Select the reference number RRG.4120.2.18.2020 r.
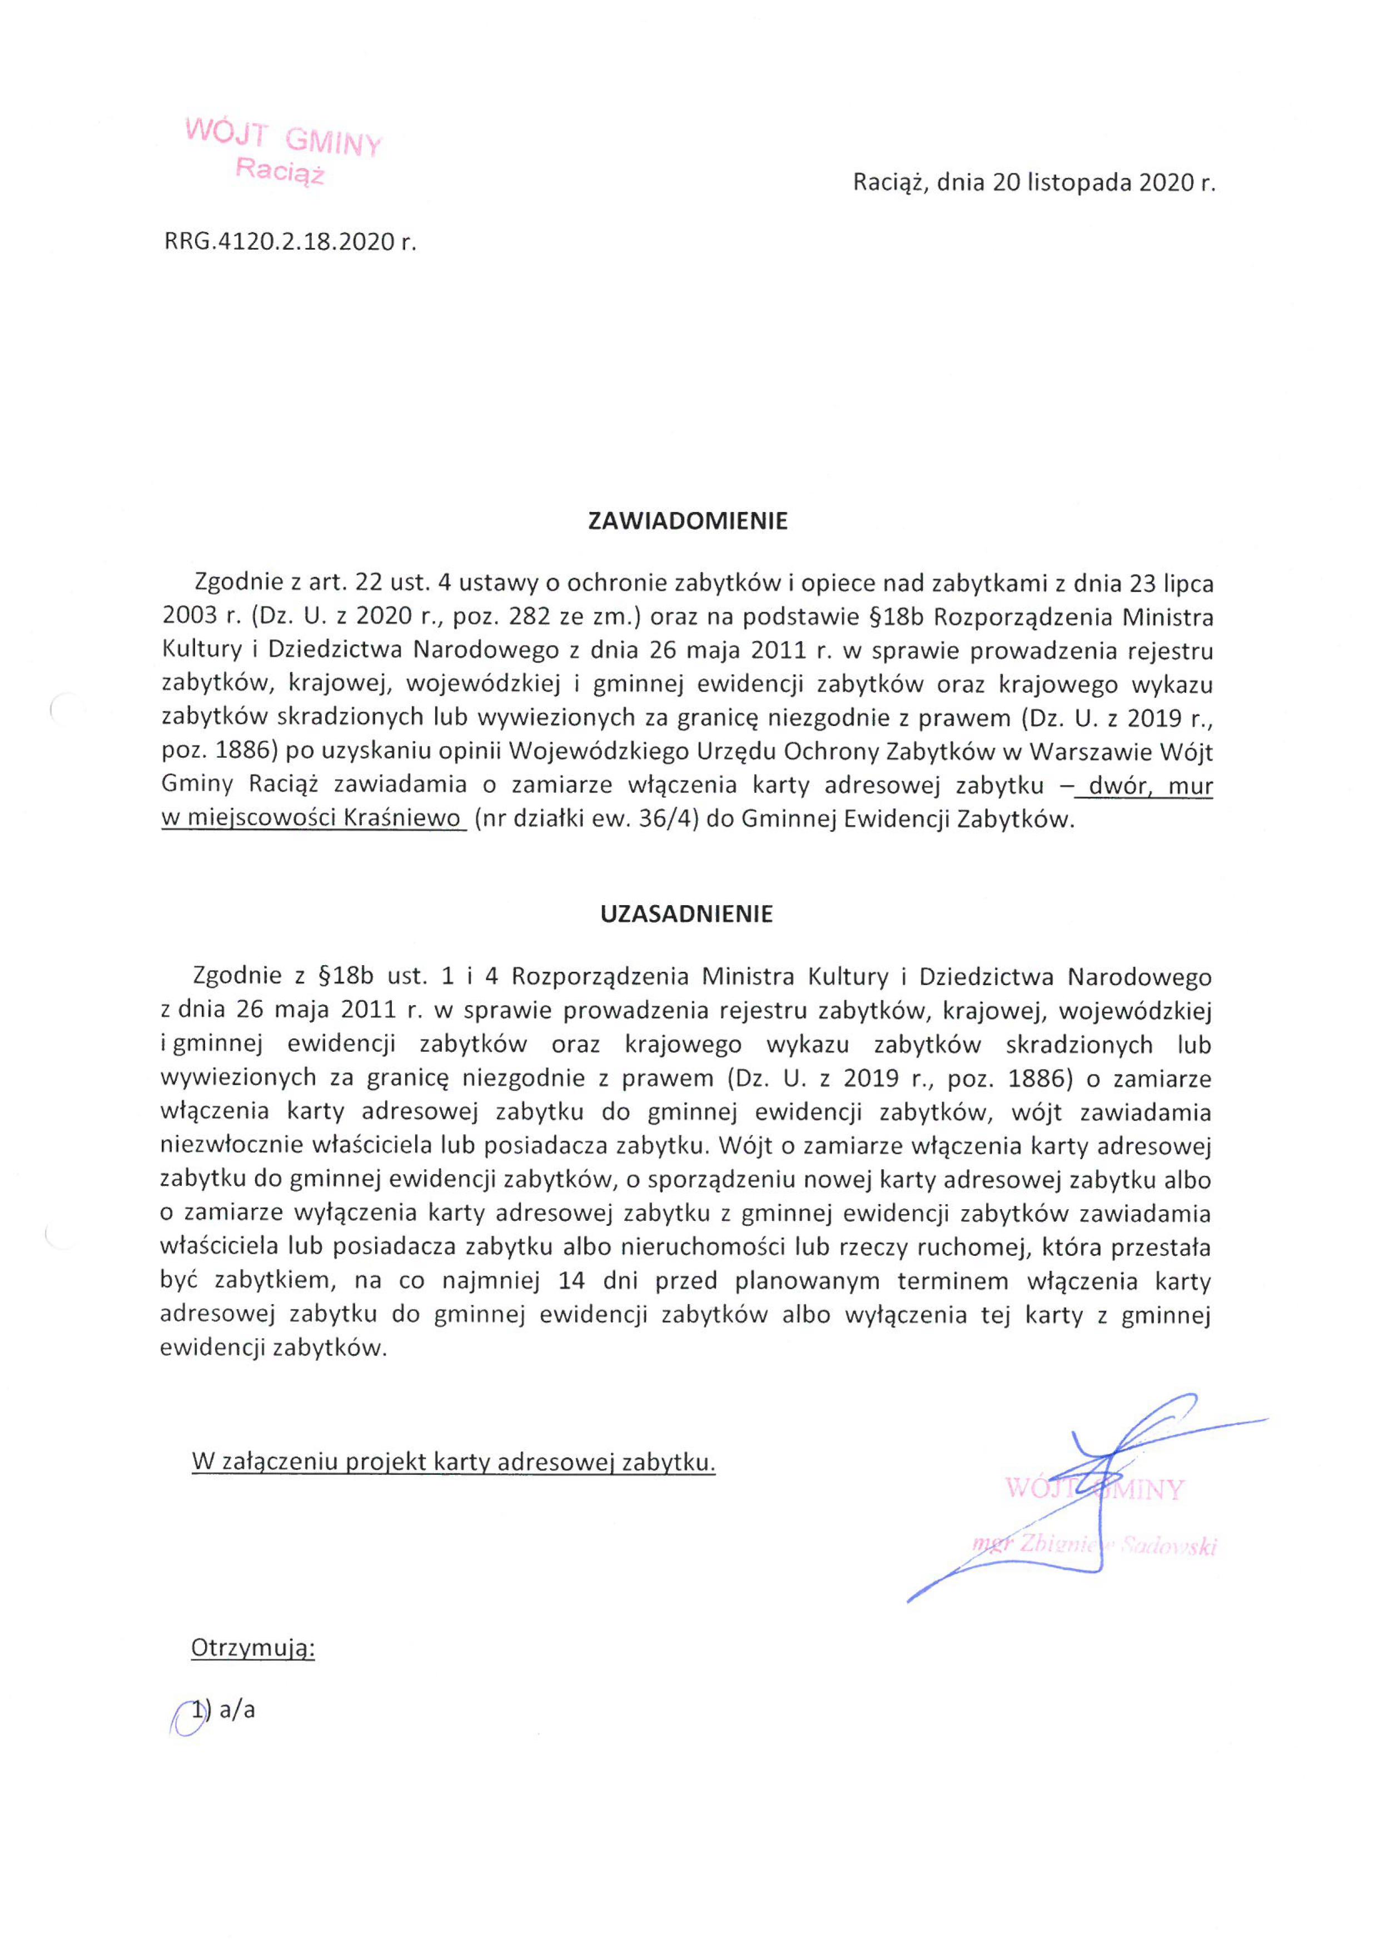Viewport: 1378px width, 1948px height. point(290,242)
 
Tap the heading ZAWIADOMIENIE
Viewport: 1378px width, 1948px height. point(688,521)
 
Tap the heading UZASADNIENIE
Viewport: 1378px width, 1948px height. point(687,914)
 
